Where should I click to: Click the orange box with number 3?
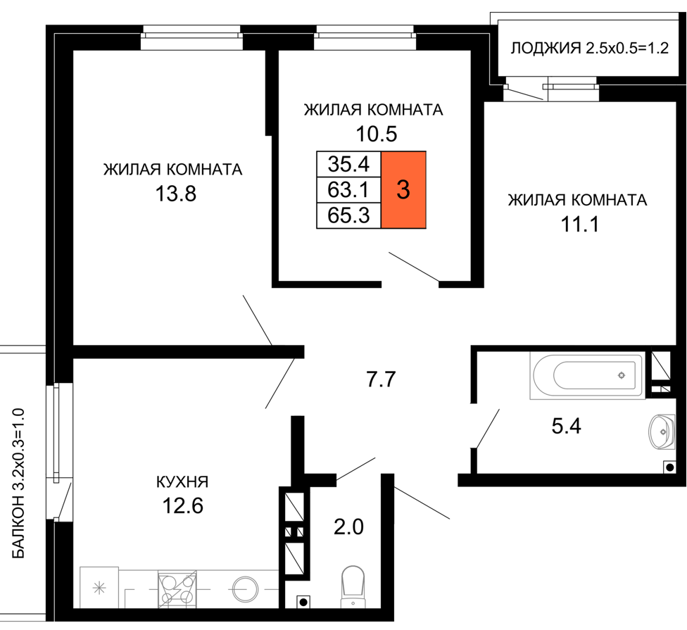[403, 189]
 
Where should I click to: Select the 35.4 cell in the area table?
[348, 164]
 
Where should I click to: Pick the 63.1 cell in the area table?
[348, 189]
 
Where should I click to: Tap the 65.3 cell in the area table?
[348, 215]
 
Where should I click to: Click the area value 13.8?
[176, 193]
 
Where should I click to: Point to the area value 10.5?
[377, 134]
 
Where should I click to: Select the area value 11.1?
[580, 225]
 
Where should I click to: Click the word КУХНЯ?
[182, 482]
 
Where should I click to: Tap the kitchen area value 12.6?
[183, 506]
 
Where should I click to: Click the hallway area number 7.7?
[382, 379]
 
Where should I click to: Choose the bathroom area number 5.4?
[566, 425]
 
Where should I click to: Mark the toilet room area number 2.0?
[348, 527]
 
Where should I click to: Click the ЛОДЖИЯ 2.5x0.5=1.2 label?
[590, 48]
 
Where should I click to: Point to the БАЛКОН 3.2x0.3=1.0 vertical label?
[18, 483]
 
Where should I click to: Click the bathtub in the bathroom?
[588, 376]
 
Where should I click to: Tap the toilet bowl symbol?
[353, 587]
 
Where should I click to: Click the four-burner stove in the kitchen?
[177, 588]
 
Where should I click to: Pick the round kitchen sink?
[246, 589]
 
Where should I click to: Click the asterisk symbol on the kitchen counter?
[100, 588]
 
